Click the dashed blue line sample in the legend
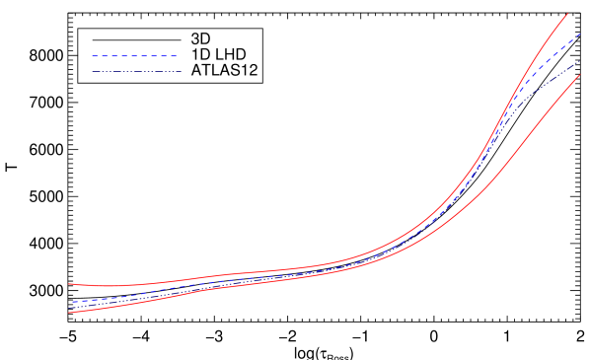pos(135,56)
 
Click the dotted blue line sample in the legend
pos(135,71)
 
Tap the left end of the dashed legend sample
pos(93,56)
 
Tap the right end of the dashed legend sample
pos(178,56)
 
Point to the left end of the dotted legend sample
pos(93,71)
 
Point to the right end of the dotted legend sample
pos(180,71)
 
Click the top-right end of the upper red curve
pos(567,14)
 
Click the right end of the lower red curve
pos(579,75)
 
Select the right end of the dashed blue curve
pos(580,34)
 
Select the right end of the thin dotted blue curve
pos(579,62)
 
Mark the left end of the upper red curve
pos(69,284)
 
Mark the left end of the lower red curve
pos(69,312)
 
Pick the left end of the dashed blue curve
pos(71,302)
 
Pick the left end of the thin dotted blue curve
pos(71,307)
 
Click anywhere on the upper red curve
pos(296,268)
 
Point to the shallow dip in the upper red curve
pos(109,286)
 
